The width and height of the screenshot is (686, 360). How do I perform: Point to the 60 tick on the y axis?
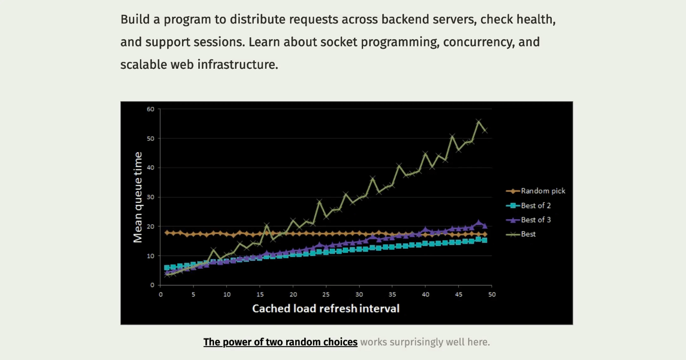coord(150,109)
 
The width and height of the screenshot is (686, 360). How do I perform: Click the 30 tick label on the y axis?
coord(150,197)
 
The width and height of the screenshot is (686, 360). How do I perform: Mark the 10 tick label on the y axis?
coord(150,256)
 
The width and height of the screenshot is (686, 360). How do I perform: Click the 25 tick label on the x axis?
coord(326,294)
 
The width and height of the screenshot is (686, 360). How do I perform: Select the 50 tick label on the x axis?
coord(492,294)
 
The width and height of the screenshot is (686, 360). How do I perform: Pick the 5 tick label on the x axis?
coord(193,294)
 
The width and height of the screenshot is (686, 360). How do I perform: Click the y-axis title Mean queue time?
coord(138,197)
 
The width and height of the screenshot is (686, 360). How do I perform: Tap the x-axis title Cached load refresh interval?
coord(326,308)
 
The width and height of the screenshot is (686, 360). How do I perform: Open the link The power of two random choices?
coord(280,342)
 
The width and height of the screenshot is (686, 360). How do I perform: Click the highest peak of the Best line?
coord(479,122)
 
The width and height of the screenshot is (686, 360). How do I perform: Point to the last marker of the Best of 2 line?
coord(485,240)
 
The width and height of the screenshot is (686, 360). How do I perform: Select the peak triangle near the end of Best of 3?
coord(479,222)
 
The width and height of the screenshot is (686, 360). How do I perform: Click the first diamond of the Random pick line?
coord(167,233)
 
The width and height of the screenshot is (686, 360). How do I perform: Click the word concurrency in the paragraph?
coord(479,42)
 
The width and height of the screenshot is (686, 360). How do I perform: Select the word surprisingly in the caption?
coord(416,342)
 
